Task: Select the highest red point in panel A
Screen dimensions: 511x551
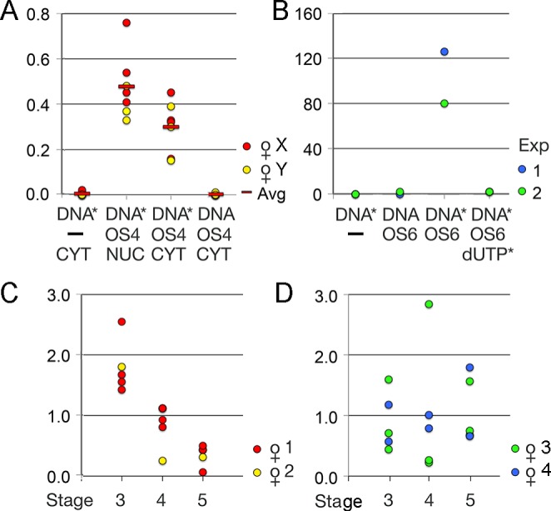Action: coord(127,23)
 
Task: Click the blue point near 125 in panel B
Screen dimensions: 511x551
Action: coord(444,52)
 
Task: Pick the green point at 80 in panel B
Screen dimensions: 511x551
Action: coord(444,103)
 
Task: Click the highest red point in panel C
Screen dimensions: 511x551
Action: coord(122,321)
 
